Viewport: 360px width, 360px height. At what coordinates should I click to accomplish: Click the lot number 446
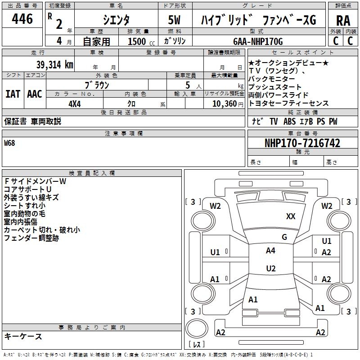click(x=22, y=19)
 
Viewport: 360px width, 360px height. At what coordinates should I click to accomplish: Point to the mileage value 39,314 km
click(x=55, y=64)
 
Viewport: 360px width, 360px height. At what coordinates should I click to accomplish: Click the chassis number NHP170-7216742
click(x=302, y=143)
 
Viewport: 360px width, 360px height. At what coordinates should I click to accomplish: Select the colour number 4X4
click(x=75, y=103)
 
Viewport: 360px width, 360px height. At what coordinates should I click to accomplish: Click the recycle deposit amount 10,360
click(x=223, y=103)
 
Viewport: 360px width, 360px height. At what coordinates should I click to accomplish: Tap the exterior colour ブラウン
click(x=97, y=85)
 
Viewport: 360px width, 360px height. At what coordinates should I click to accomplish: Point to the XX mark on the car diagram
click(x=291, y=216)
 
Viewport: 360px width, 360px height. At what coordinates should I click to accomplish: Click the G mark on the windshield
click(x=284, y=237)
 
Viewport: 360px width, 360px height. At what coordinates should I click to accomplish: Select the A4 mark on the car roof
click(x=270, y=251)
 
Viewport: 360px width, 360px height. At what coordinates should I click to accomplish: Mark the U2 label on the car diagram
click(x=270, y=269)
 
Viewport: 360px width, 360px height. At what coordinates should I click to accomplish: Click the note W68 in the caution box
click(x=9, y=144)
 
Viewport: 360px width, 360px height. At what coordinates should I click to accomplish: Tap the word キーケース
click(x=23, y=336)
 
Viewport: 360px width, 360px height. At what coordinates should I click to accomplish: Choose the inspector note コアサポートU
click(x=27, y=189)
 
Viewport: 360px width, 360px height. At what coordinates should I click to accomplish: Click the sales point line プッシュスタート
click(x=275, y=87)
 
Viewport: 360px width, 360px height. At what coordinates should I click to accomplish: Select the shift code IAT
click(x=13, y=94)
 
